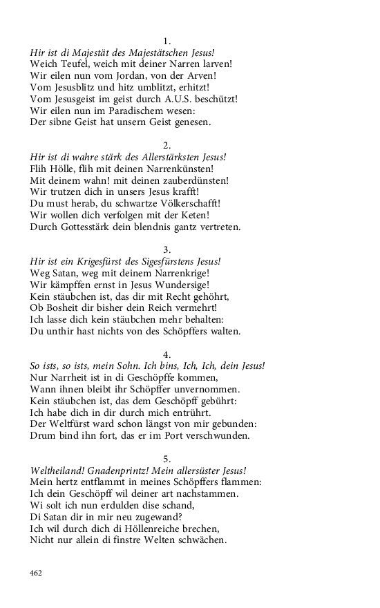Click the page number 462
pos(37,573)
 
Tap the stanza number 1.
pos(167,41)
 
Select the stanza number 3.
pos(167,249)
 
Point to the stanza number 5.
pos(167,459)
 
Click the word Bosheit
pos(63,308)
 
